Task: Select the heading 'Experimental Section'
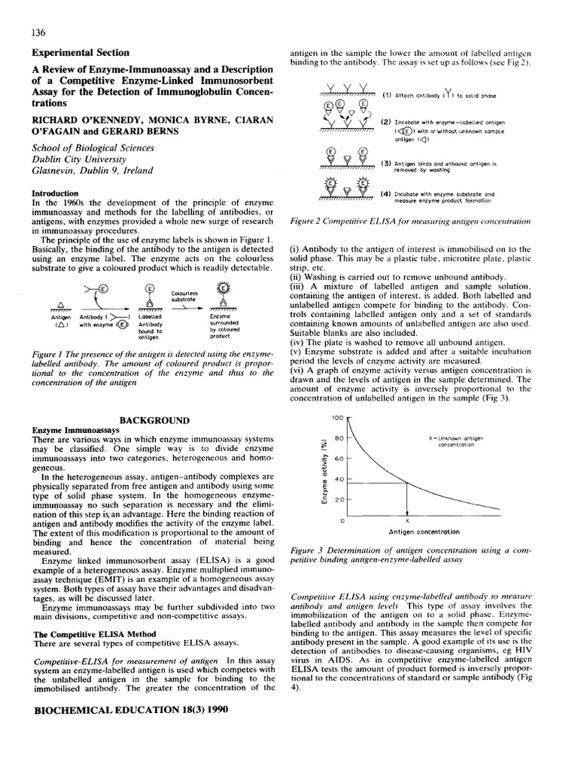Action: click(81, 53)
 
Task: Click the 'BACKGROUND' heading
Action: click(153, 419)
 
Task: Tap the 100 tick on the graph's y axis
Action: click(336, 417)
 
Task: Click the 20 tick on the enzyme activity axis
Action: click(339, 499)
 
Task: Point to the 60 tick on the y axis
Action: click(339, 458)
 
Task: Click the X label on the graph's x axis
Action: click(408, 520)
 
